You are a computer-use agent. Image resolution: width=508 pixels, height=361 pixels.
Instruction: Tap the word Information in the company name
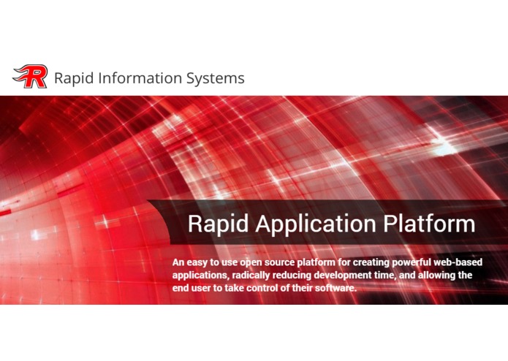point(138,77)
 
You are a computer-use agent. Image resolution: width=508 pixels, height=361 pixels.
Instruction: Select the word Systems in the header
point(215,77)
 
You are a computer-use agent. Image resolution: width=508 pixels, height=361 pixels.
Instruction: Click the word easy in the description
point(200,262)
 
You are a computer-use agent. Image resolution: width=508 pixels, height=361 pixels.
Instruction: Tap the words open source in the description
point(264,262)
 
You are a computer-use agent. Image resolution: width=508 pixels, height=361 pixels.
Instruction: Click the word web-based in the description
point(460,262)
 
